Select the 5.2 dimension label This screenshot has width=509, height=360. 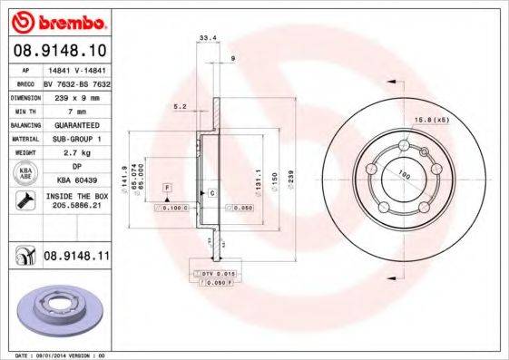[181, 106]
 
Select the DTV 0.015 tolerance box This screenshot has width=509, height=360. [213, 272]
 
